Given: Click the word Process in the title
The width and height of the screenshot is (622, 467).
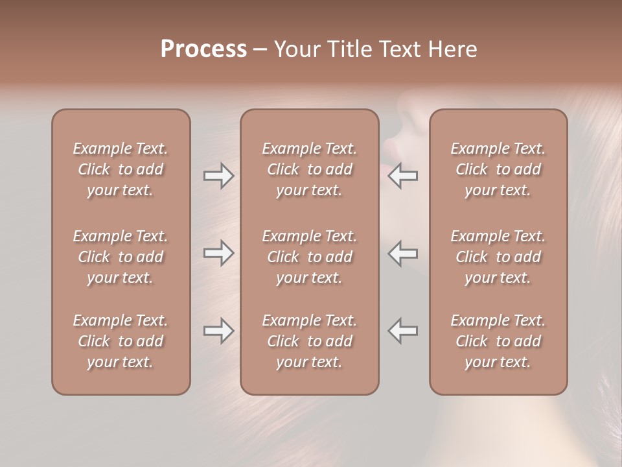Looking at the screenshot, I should tap(203, 49).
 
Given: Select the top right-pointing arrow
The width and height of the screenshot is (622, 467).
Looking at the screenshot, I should tap(219, 176).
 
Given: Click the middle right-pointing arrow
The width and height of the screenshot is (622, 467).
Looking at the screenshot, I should tap(219, 253).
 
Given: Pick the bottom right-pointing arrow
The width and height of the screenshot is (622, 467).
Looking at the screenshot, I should tap(219, 331).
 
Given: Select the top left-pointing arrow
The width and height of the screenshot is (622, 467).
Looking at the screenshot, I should tap(403, 176).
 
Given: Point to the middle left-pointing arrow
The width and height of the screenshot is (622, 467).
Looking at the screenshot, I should tap(403, 253).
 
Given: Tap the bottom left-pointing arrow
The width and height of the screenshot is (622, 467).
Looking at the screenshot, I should tap(403, 331).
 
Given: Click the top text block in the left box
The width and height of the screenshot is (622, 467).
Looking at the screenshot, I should tap(121, 169).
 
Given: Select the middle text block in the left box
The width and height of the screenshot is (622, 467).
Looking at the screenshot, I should tap(121, 257).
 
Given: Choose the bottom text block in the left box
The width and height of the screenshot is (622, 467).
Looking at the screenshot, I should tap(121, 341).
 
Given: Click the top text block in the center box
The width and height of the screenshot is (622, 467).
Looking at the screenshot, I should tap(309, 169).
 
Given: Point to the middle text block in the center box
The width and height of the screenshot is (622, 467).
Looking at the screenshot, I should tap(309, 257).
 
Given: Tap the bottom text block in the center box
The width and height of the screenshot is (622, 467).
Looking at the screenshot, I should tap(309, 341).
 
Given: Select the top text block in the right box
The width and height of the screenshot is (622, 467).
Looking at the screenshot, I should tap(498, 169).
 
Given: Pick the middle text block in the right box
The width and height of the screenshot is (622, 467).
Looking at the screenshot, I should tap(498, 257).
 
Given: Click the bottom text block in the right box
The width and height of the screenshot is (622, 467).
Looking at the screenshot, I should tap(498, 341).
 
